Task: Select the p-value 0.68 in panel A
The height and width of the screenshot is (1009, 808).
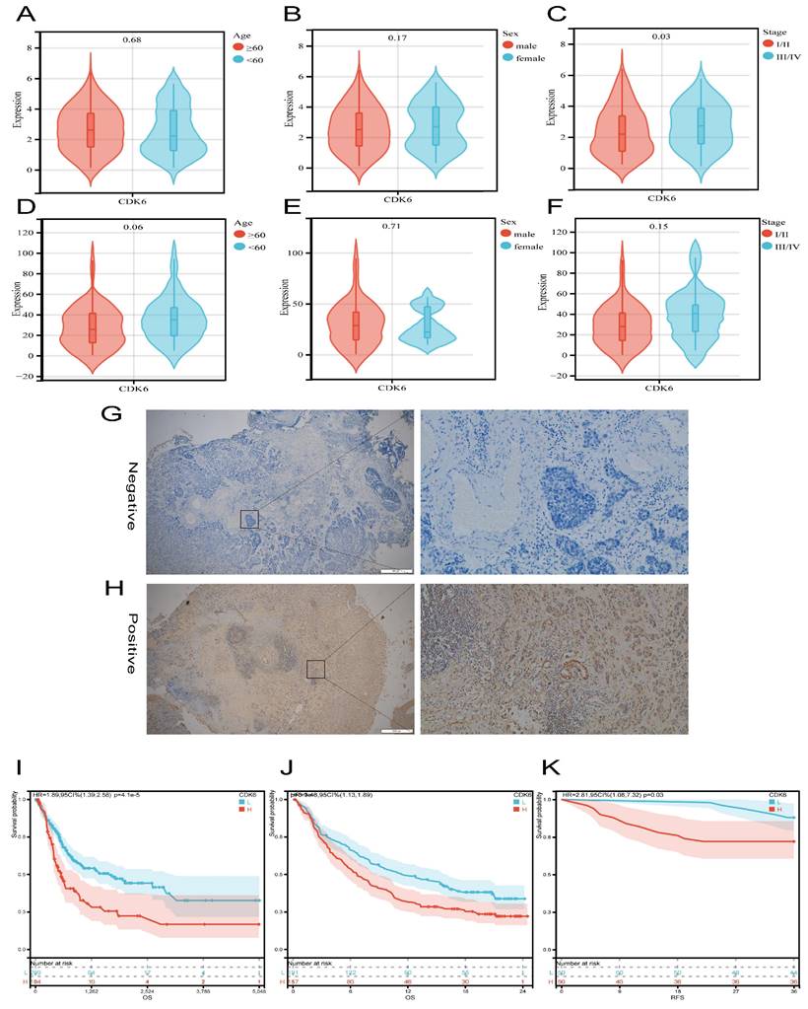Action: point(130,39)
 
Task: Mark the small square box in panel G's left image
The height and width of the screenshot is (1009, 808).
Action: point(249,519)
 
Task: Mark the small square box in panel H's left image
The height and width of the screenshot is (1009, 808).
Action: point(315,670)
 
